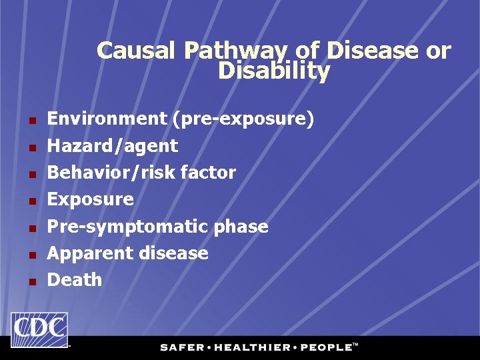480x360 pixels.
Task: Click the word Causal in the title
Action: click(137, 51)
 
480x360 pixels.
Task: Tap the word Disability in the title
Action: click(273, 71)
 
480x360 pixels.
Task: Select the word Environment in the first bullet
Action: click(107, 119)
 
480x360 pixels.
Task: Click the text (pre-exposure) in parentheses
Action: click(243, 119)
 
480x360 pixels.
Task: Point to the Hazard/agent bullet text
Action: click(113, 146)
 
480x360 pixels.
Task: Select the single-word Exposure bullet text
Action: click(91, 199)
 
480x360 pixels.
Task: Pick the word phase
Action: click(241, 227)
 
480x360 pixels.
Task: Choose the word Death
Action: click(75, 280)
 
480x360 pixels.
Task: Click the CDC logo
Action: click(39, 330)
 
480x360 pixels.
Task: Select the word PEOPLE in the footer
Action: click(325, 347)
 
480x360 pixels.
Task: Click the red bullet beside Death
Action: click(31, 281)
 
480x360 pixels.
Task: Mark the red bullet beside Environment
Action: click(31, 121)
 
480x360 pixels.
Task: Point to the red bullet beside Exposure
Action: click(31, 201)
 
